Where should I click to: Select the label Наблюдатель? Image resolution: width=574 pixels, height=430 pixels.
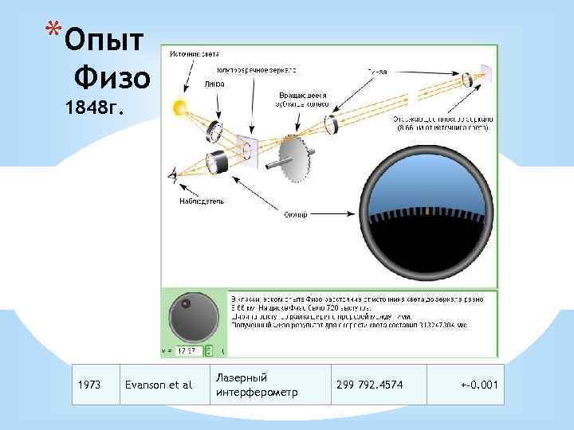201,201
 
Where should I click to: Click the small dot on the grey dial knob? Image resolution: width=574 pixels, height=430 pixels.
185,305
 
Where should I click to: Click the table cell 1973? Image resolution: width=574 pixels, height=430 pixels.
90,385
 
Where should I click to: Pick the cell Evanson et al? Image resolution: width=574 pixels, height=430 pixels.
159,385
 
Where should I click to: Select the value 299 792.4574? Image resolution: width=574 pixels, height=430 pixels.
369,385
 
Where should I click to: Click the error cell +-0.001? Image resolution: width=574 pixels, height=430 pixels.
478,385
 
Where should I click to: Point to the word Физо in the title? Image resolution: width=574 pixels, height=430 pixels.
111,78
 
